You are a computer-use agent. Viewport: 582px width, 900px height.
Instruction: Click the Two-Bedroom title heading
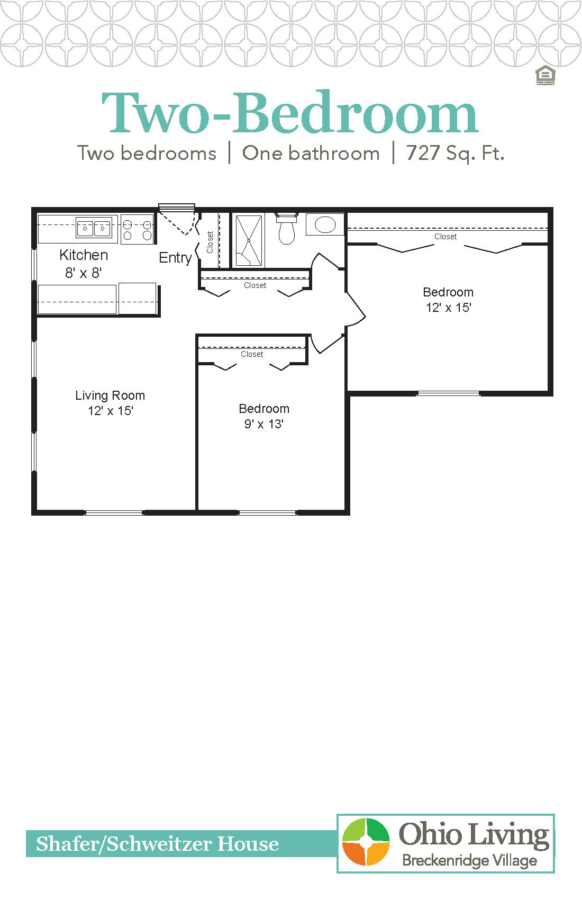click(x=290, y=113)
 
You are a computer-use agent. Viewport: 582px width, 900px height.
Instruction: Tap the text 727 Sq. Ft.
click(x=455, y=154)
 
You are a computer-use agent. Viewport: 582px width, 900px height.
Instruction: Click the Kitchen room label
click(x=84, y=255)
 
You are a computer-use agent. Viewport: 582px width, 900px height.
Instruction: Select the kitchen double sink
click(x=94, y=228)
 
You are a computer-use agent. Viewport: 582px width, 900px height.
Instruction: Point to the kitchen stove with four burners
click(x=137, y=229)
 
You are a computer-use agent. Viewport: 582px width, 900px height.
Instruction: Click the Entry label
click(x=175, y=258)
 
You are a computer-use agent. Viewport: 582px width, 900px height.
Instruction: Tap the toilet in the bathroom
click(x=286, y=229)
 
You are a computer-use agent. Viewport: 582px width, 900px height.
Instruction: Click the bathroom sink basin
click(x=325, y=224)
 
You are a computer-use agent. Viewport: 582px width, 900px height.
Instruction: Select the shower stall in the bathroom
click(x=248, y=240)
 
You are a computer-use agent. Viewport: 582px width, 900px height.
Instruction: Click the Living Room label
click(x=110, y=395)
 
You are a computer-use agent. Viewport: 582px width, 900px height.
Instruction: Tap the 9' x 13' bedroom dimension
click(x=263, y=424)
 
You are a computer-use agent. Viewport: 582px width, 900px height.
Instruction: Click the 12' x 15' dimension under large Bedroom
click(x=448, y=308)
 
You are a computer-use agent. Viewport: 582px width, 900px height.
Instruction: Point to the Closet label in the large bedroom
click(x=445, y=237)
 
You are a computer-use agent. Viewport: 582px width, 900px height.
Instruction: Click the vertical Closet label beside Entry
click(x=210, y=241)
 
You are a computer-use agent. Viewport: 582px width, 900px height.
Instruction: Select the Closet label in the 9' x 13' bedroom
click(x=252, y=354)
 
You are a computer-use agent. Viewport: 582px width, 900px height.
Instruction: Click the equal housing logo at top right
click(x=545, y=76)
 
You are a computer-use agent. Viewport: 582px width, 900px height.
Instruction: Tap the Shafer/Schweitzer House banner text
click(x=157, y=844)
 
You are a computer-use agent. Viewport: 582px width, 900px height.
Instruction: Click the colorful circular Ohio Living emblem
click(x=366, y=842)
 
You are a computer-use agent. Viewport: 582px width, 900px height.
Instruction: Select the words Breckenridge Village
click(x=469, y=860)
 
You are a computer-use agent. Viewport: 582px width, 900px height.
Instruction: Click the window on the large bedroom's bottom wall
click(x=448, y=393)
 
